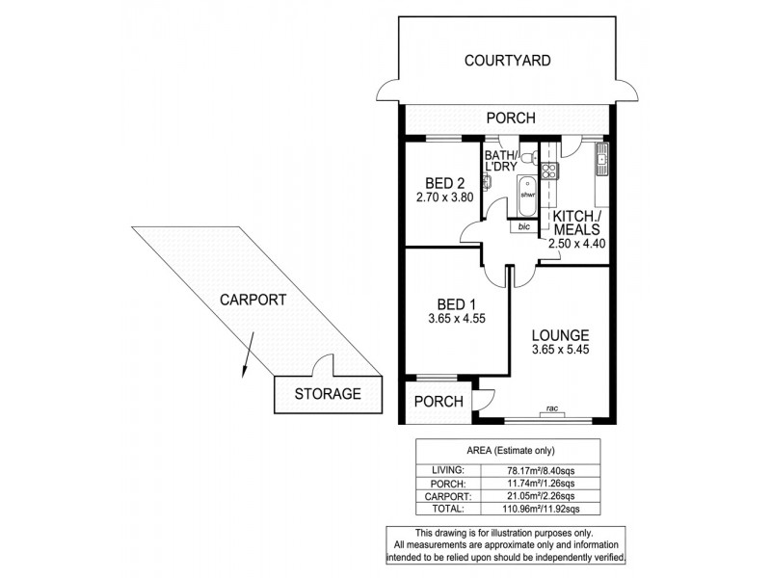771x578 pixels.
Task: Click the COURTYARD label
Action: tap(507, 61)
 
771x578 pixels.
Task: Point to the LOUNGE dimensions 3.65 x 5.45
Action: tap(560, 353)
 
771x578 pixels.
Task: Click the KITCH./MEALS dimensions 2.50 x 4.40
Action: tap(574, 245)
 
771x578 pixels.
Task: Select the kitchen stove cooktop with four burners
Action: tap(550, 171)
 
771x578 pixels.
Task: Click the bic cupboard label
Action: tap(523, 227)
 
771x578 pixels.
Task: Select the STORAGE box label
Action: tap(328, 394)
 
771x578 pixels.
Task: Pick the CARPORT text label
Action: tap(252, 300)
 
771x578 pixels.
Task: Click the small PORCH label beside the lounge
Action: tap(439, 402)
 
